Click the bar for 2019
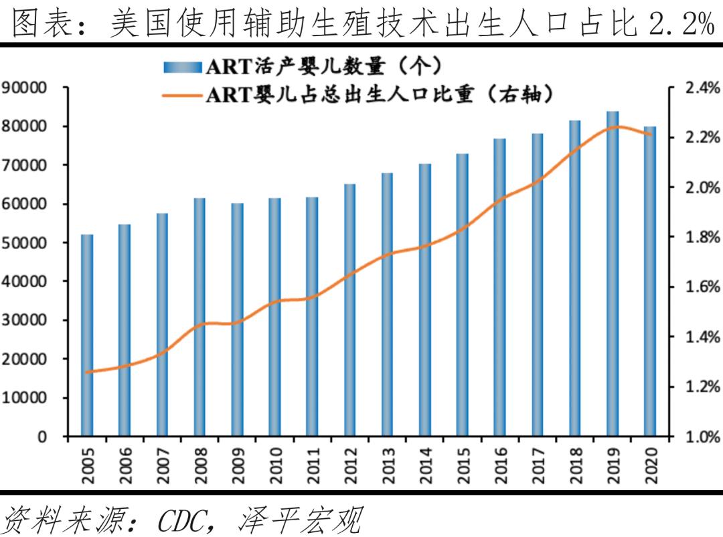tap(613, 274)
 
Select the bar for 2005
tap(87, 335)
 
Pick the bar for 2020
tap(650, 281)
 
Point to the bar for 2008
tap(199, 317)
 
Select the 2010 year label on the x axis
tap(276, 465)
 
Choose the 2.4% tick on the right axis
tap(703, 88)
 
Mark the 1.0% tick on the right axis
tap(703, 437)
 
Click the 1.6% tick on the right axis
tap(703, 287)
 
